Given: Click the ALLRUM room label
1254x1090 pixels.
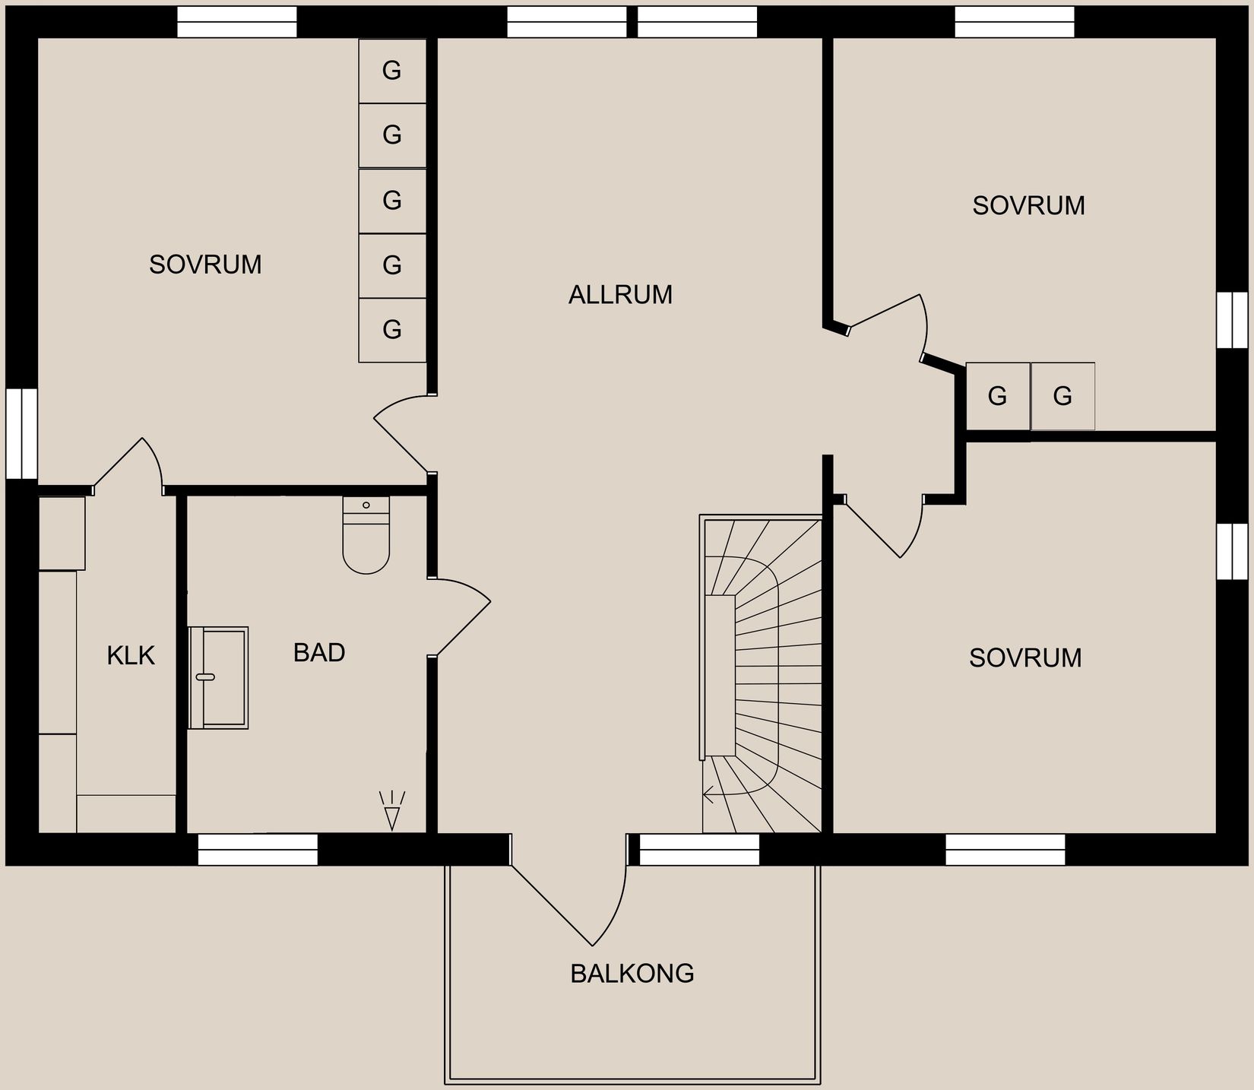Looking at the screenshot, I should pyautogui.click(x=620, y=295).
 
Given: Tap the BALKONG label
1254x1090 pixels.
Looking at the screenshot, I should pyautogui.click(x=632, y=974).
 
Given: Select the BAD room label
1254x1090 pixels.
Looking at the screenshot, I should pyautogui.click(x=319, y=653).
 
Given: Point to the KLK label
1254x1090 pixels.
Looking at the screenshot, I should pyautogui.click(x=131, y=655).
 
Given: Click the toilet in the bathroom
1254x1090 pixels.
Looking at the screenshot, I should pyautogui.click(x=366, y=537).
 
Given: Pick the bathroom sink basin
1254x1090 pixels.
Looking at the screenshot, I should pyautogui.click(x=219, y=677).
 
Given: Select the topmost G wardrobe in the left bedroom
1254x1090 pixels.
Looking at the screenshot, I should pyautogui.click(x=391, y=71).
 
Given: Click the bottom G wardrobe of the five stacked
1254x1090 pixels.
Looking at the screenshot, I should pyautogui.click(x=391, y=330).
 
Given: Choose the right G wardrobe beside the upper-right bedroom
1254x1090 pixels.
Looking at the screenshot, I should pyautogui.click(x=1062, y=396).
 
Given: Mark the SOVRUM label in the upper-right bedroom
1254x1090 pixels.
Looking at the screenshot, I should pyautogui.click(x=1028, y=206).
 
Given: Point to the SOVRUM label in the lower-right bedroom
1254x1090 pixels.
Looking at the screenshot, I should pyautogui.click(x=1025, y=657).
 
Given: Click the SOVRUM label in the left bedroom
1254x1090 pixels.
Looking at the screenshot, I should pyautogui.click(x=205, y=265).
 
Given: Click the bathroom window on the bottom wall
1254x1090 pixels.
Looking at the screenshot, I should pyautogui.click(x=258, y=849).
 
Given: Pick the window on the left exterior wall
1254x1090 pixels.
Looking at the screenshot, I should pyautogui.click(x=22, y=433).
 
